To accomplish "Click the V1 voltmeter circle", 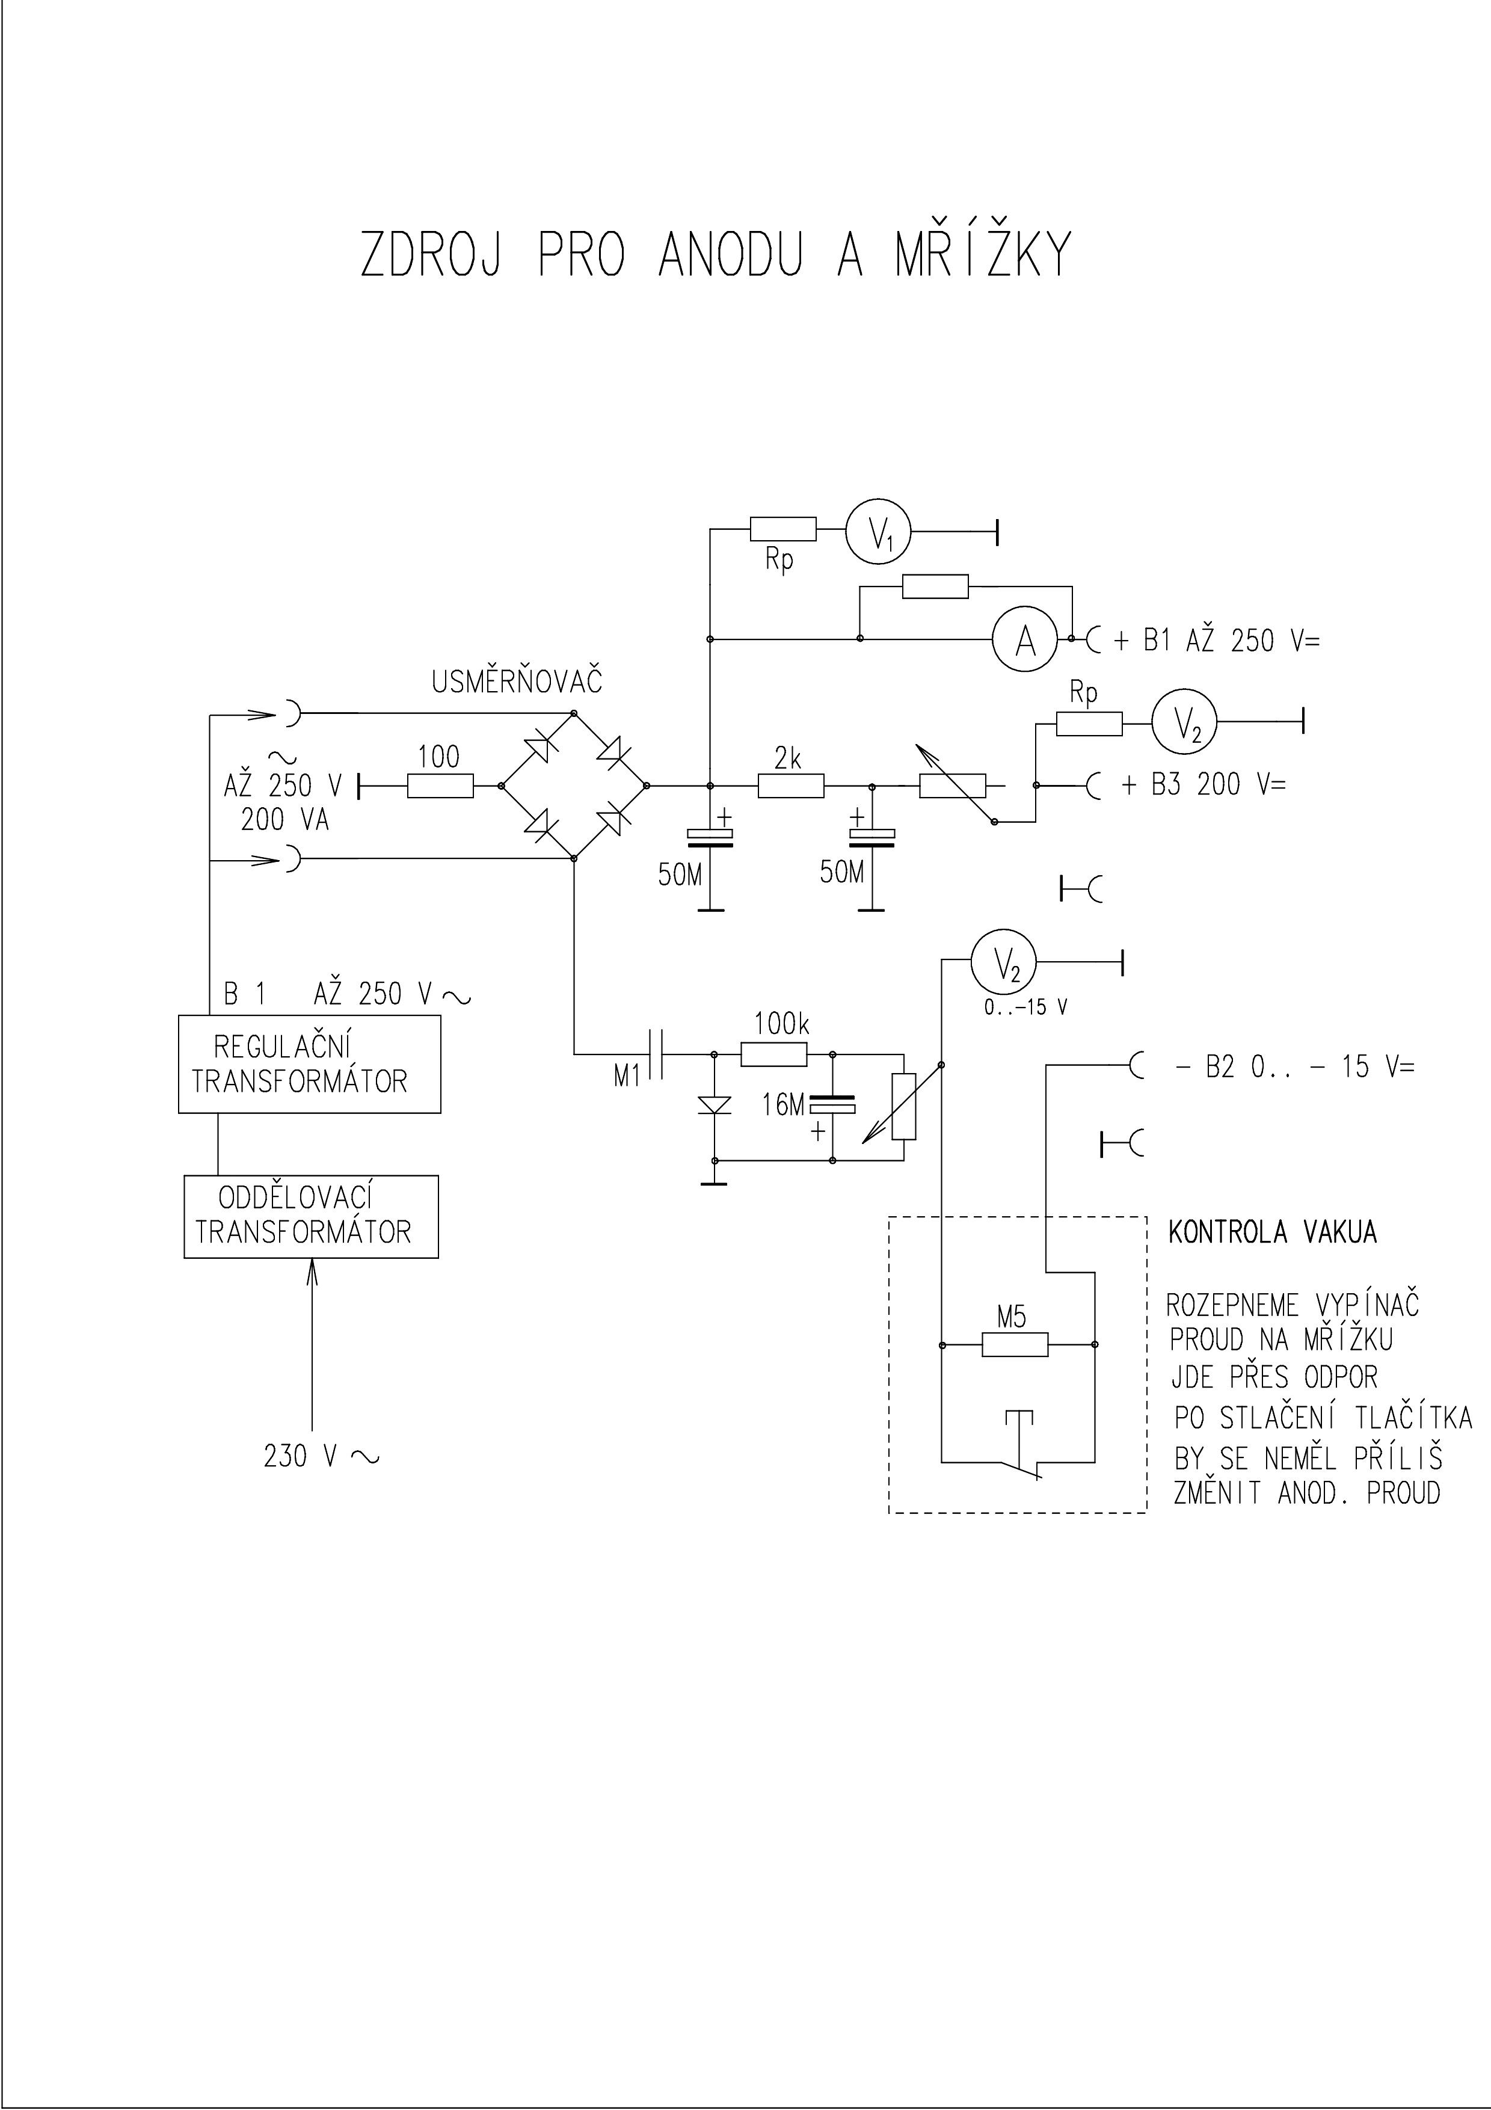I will [x=878, y=531].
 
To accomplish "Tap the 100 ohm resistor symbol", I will [x=440, y=786].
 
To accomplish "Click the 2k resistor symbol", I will [x=791, y=786].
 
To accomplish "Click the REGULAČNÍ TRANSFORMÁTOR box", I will [x=310, y=1063].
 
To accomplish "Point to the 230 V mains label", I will [x=320, y=1457].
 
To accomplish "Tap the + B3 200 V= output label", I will [x=1204, y=785].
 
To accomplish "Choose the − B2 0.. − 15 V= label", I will [x=1296, y=1067].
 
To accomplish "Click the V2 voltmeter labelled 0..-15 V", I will [x=1003, y=962].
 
